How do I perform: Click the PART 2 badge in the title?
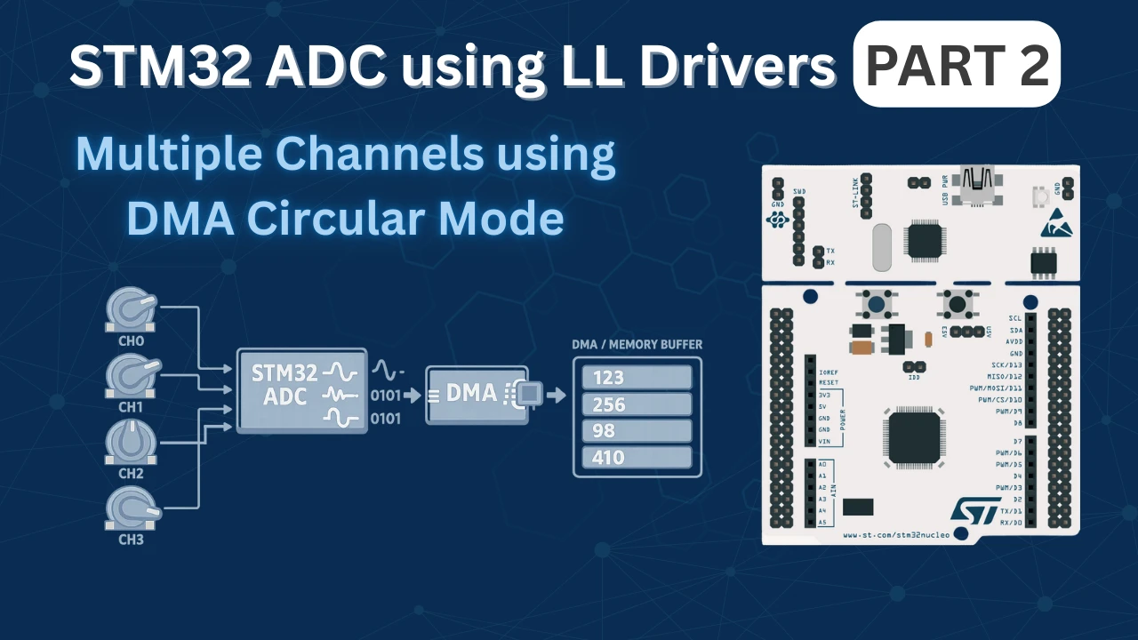pyautogui.click(x=957, y=64)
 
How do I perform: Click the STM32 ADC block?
pyautogui.click(x=301, y=390)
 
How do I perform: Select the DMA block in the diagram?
pyautogui.click(x=477, y=395)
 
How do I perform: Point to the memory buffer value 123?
pyautogui.click(x=637, y=378)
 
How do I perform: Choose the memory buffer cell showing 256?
pyautogui.click(x=637, y=404)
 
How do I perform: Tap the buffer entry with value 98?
pyautogui.click(x=637, y=431)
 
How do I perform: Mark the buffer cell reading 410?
pyautogui.click(x=637, y=458)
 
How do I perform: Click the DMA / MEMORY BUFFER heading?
pyautogui.click(x=636, y=344)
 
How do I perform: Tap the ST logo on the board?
pyautogui.click(x=976, y=509)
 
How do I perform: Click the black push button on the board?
pyautogui.click(x=957, y=305)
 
